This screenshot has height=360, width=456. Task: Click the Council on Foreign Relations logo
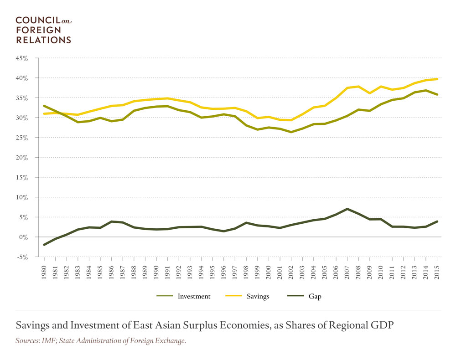click(44, 30)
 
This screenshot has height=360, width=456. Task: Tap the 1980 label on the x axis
click(44, 270)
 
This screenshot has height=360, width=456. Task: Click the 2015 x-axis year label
click(437, 270)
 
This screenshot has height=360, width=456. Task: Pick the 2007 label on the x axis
click(347, 270)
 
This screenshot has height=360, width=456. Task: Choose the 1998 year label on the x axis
click(246, 270)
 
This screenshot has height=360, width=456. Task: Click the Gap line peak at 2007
click(347, 209)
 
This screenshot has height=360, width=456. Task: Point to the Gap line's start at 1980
click(44, 245)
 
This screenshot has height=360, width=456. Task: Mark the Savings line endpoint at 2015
click(437, 79)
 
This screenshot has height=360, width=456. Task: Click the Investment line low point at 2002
click(291, 132)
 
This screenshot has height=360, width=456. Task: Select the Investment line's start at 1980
click(44, 106)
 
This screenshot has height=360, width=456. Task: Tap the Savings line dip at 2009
click(369, 93)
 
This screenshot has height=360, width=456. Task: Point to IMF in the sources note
click(48, 340)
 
